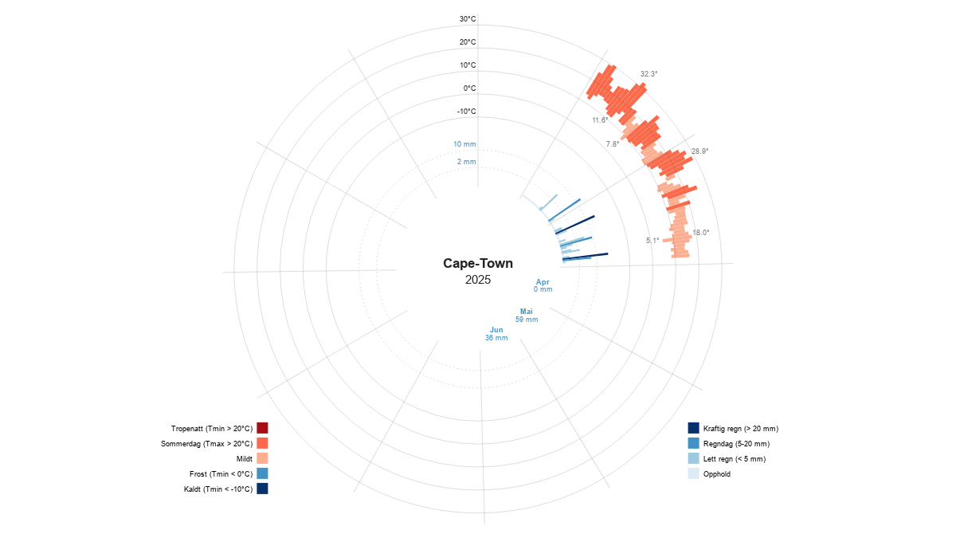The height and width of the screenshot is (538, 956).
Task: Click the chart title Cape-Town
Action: click(478, 264)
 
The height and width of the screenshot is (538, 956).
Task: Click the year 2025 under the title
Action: click(478, 280)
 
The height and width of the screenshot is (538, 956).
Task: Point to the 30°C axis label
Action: click(468, 19)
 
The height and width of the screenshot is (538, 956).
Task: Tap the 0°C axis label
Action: click(469, 88)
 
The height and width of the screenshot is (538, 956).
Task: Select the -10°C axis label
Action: click(466, 112)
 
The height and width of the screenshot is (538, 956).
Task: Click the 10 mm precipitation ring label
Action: click(464, 144)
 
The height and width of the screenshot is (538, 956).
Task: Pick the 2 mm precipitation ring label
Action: click(467, 162)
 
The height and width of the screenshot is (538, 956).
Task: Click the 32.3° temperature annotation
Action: click(648, 74)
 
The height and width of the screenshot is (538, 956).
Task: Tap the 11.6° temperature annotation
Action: click(600, 120)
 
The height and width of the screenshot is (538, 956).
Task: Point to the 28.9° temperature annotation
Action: click(700, 151)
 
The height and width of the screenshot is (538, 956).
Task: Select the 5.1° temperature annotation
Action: click(652, 241)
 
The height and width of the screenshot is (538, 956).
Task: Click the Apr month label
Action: click(543, 282)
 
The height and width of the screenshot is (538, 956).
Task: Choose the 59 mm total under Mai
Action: click(527, 320)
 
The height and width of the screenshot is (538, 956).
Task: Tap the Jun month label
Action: click(496, 330)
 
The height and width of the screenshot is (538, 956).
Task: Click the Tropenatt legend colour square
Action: click(262, 428)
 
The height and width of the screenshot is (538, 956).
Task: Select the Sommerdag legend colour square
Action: click(262, 443)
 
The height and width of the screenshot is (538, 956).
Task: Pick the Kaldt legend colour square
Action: click(262, 489)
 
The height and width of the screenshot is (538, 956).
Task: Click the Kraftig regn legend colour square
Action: click(694, 428)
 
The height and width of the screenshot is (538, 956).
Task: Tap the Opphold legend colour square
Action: click(694, 473)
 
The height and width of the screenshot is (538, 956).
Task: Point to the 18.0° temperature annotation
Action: click(701, 233)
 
